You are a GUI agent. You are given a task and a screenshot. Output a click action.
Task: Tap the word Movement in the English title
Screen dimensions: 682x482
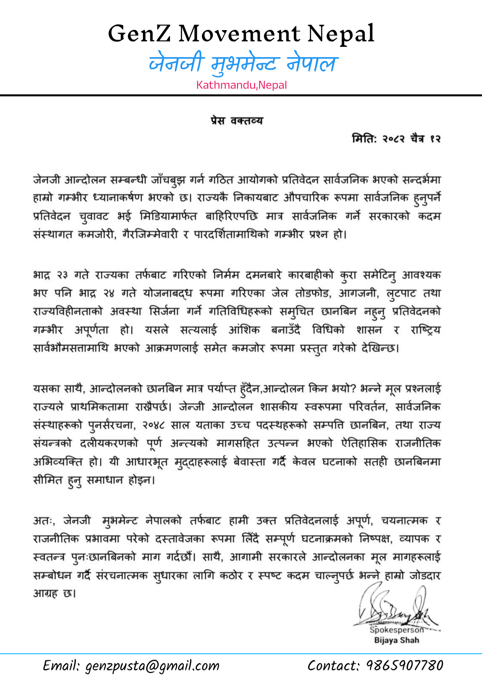click(x=239, y=34)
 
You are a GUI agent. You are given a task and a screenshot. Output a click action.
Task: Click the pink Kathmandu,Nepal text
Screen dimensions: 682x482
click(x=241, y=85)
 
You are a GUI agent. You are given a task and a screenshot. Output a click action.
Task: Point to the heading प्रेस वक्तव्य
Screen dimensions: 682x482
click(x=237, y=121)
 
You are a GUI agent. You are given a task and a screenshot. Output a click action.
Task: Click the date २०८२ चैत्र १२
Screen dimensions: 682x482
click(x=411, y=139)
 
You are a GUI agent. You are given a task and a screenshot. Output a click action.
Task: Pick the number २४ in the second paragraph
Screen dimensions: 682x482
click(x=109, y=294)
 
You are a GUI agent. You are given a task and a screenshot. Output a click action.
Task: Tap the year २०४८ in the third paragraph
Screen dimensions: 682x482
click(x=153, y=425)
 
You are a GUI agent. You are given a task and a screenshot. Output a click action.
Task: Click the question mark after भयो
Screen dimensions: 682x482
click(x=352, y=389)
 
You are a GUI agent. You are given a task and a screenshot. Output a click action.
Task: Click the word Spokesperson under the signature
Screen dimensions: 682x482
click(x=396, y=630)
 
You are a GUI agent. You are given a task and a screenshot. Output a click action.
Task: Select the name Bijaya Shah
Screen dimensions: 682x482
click(x=396, y=640)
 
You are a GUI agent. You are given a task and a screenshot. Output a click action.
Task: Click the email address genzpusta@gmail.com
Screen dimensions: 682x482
click(x=152, y=666)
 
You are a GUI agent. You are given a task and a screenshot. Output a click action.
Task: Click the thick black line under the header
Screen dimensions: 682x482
click(x=241, y=95)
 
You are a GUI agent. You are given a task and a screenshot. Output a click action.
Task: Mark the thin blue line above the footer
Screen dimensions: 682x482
click(x=241, y=653)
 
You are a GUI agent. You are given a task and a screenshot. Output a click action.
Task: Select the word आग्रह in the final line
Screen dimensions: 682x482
click(x=45, y=594)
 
